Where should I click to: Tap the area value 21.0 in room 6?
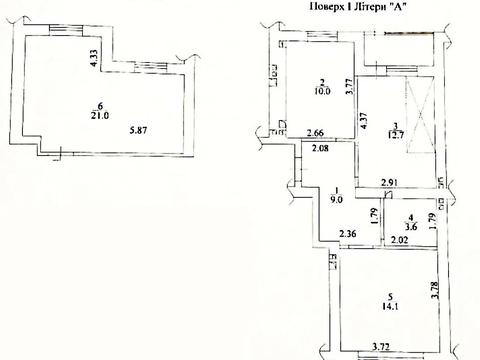click(x=100, y=113)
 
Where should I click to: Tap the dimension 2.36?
click(x=349, y=236)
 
